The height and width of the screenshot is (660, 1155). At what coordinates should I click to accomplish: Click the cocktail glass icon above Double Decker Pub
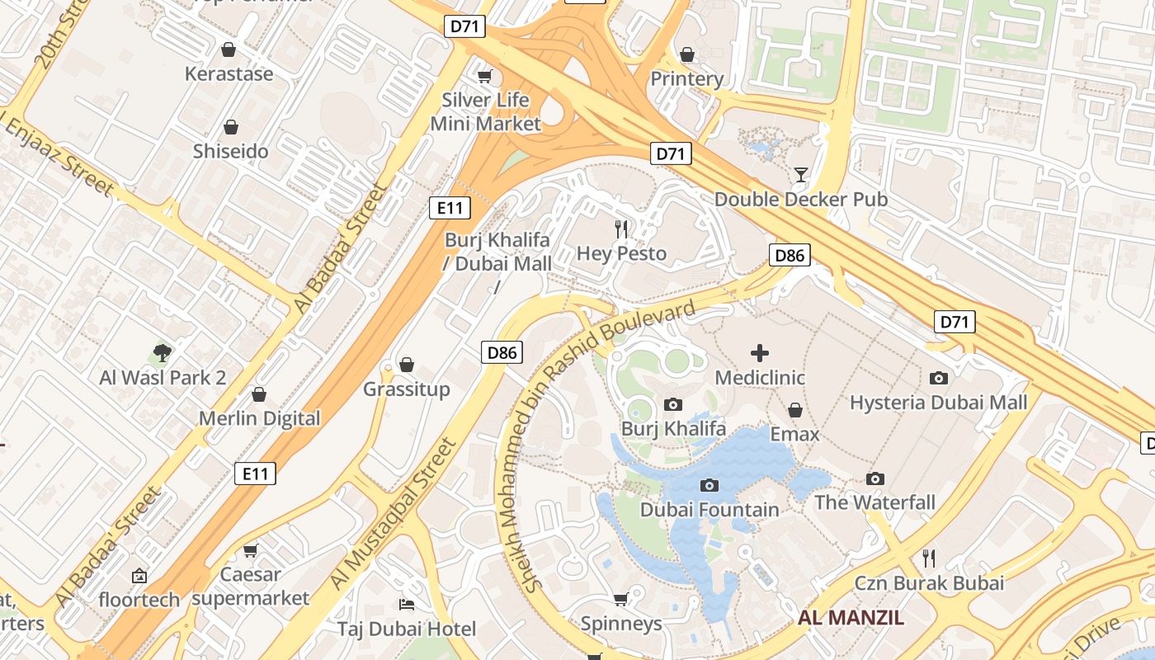(800, 174)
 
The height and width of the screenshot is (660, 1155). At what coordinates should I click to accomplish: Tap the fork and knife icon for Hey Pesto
(622, 229)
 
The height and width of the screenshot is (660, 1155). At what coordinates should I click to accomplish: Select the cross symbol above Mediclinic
(760, 353)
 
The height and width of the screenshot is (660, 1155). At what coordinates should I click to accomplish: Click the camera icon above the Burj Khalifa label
(673, 404)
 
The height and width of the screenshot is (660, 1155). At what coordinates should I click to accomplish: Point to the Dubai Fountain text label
(709, 510)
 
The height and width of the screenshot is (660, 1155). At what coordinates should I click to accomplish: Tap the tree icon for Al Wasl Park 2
(163, 353)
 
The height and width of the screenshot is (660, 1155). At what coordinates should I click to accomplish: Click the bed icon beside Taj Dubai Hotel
(406, 605)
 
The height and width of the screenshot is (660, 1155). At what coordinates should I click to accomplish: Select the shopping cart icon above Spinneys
(621, 599)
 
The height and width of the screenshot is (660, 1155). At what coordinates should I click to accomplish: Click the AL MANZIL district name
(851, 617)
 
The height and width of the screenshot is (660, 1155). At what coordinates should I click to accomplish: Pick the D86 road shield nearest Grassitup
(502, 353)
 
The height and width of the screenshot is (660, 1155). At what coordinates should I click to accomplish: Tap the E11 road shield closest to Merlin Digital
(256, 474)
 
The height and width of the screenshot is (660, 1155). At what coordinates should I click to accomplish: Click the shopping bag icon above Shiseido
(231, 127)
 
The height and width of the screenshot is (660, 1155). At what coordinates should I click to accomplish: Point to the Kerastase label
(229, 74)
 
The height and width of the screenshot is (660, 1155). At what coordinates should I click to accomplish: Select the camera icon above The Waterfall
(875, 478)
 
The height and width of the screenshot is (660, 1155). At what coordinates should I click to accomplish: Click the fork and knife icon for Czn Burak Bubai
(929, 559)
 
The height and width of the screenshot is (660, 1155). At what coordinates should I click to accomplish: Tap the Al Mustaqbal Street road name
(394, 515)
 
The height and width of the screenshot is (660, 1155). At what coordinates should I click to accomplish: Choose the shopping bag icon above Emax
(795, 410)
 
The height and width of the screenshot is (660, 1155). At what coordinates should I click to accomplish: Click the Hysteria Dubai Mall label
(938, 403)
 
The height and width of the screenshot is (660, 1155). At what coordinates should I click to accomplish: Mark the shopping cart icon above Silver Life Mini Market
(485, 77)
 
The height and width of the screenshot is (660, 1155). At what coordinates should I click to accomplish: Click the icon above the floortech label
(139, 576)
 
